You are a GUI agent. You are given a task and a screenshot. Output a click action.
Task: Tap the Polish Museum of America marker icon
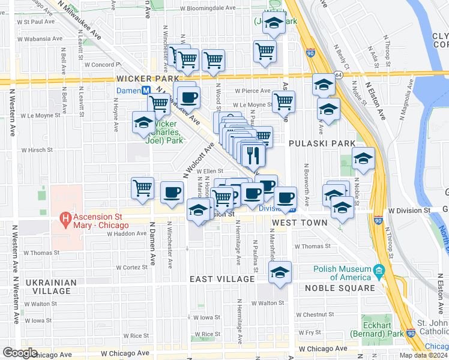[378, 271]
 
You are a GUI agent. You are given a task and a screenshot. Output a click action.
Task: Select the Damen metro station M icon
[145, 90]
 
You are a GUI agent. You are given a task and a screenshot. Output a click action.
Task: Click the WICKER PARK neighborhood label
[148, 79]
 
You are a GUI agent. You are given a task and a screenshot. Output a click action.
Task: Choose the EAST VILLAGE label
[222, 280]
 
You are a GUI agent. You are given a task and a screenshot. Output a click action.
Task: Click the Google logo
[20, 353]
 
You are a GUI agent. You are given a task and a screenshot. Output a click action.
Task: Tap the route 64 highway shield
[339, 74]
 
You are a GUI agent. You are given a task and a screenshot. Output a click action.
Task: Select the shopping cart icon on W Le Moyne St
[283, 101]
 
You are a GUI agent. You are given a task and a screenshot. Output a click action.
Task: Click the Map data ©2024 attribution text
[424, 355]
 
